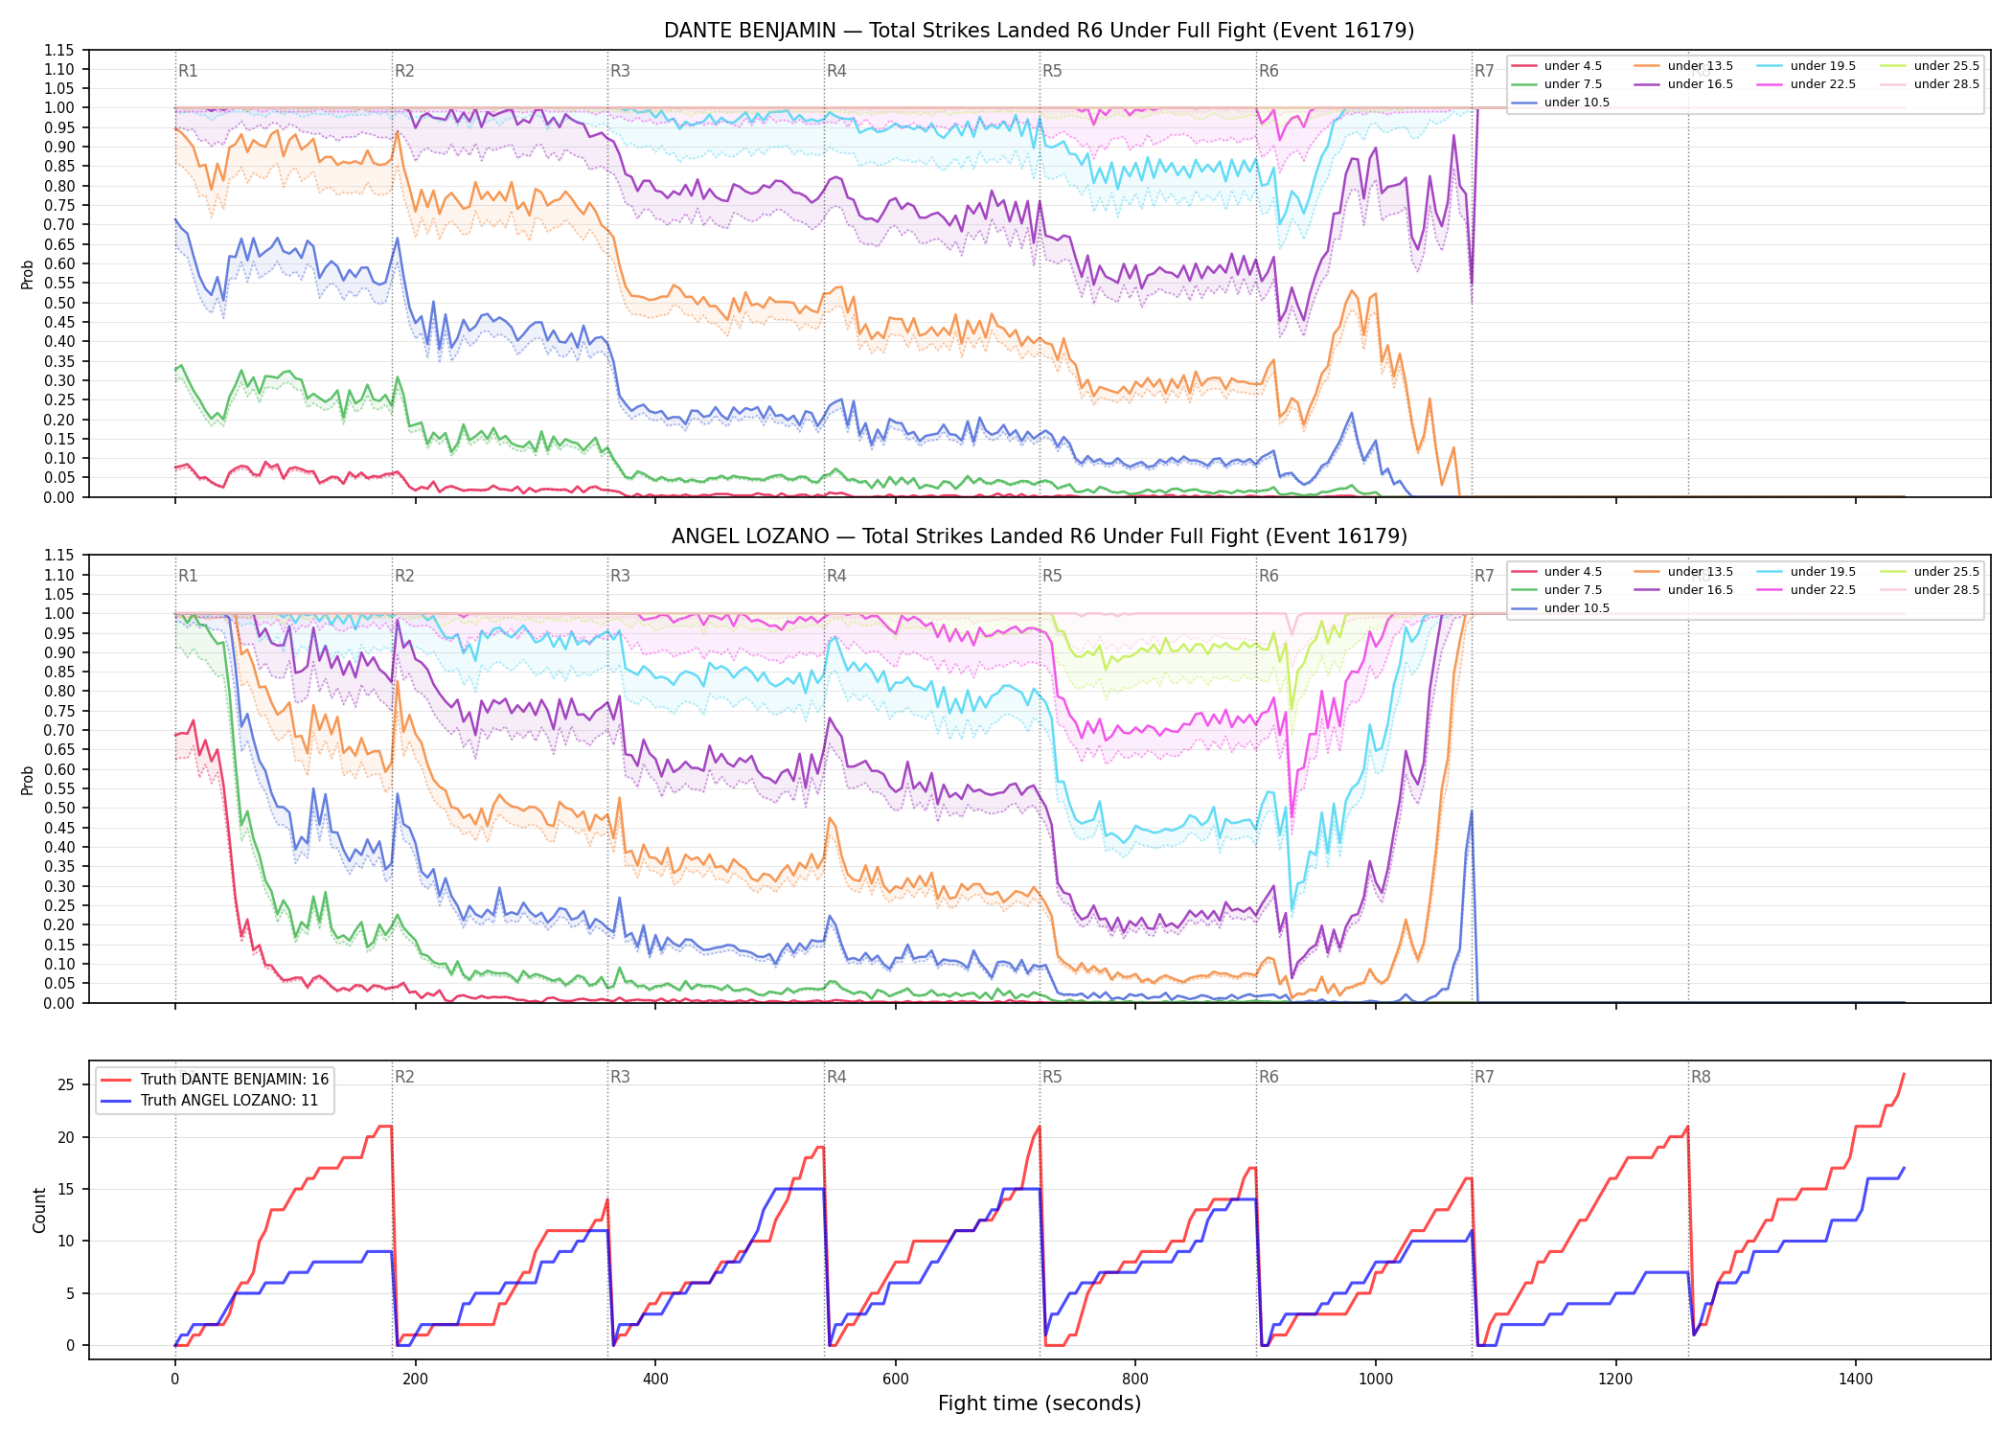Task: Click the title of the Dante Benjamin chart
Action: pos(1039,31)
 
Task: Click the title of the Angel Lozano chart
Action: pos(1039,536)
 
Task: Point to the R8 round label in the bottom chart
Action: pos(1701,1077)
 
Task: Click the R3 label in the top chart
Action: pos(620,71)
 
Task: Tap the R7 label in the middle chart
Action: pos(1484,576)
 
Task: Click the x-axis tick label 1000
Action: pos(1376,1380)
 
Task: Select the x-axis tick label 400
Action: pos(655,1380)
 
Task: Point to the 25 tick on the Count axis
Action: pos(66,1085)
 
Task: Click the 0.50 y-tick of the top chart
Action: pos(60,303)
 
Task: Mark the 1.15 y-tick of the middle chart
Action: pos(60,556)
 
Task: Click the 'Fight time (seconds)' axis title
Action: pos(1040,1403)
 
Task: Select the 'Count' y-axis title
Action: pos(39,1210)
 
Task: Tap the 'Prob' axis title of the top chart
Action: pos(28,274)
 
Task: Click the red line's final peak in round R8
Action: pos(1904,1074)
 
